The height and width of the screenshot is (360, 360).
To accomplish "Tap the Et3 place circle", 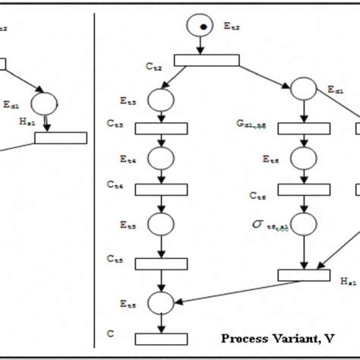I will point(161,99).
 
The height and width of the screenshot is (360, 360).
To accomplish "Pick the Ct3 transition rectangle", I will point(161,128).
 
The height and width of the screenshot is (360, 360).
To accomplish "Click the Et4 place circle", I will point(161,158).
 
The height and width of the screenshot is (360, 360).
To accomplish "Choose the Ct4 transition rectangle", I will point(161,189).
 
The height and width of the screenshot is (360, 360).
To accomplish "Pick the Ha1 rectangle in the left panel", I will point(61,137).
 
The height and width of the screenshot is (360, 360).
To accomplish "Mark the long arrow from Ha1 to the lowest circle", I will point(228,289).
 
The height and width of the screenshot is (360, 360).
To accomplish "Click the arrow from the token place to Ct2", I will point(202,46).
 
